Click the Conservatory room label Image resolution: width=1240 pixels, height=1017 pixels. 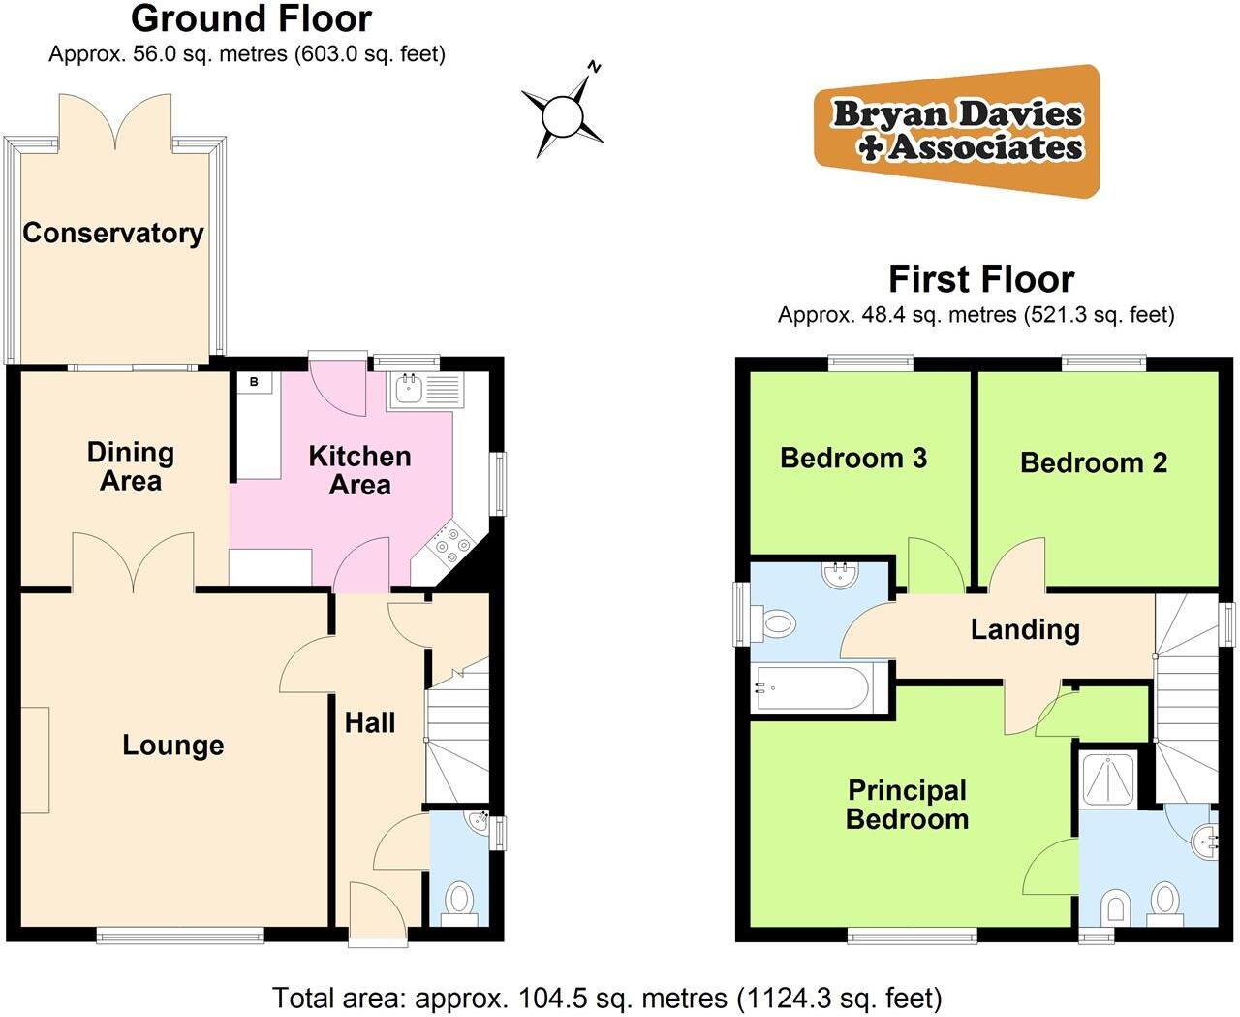(x=113, y=233)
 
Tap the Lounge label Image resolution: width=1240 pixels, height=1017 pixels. (x=173, y=745)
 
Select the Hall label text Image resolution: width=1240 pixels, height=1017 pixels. (x=370, y=722)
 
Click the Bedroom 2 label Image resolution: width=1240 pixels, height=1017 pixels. (x=1094, y=462)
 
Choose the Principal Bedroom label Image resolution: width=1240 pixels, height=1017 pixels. (x=907, y=805)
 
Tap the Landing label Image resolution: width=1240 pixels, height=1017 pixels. (x=1025, y=629)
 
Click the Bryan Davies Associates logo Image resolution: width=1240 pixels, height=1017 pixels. (x=957, y=131)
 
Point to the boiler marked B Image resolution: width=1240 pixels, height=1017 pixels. (x=255, y=382)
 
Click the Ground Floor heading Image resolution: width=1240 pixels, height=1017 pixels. (x=251, y=18)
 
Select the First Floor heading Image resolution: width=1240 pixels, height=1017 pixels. (x=981, y=279)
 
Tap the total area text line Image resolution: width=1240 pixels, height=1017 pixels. (x=606, y=998)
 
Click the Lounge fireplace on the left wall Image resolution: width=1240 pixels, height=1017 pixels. (x=35, y=760)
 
